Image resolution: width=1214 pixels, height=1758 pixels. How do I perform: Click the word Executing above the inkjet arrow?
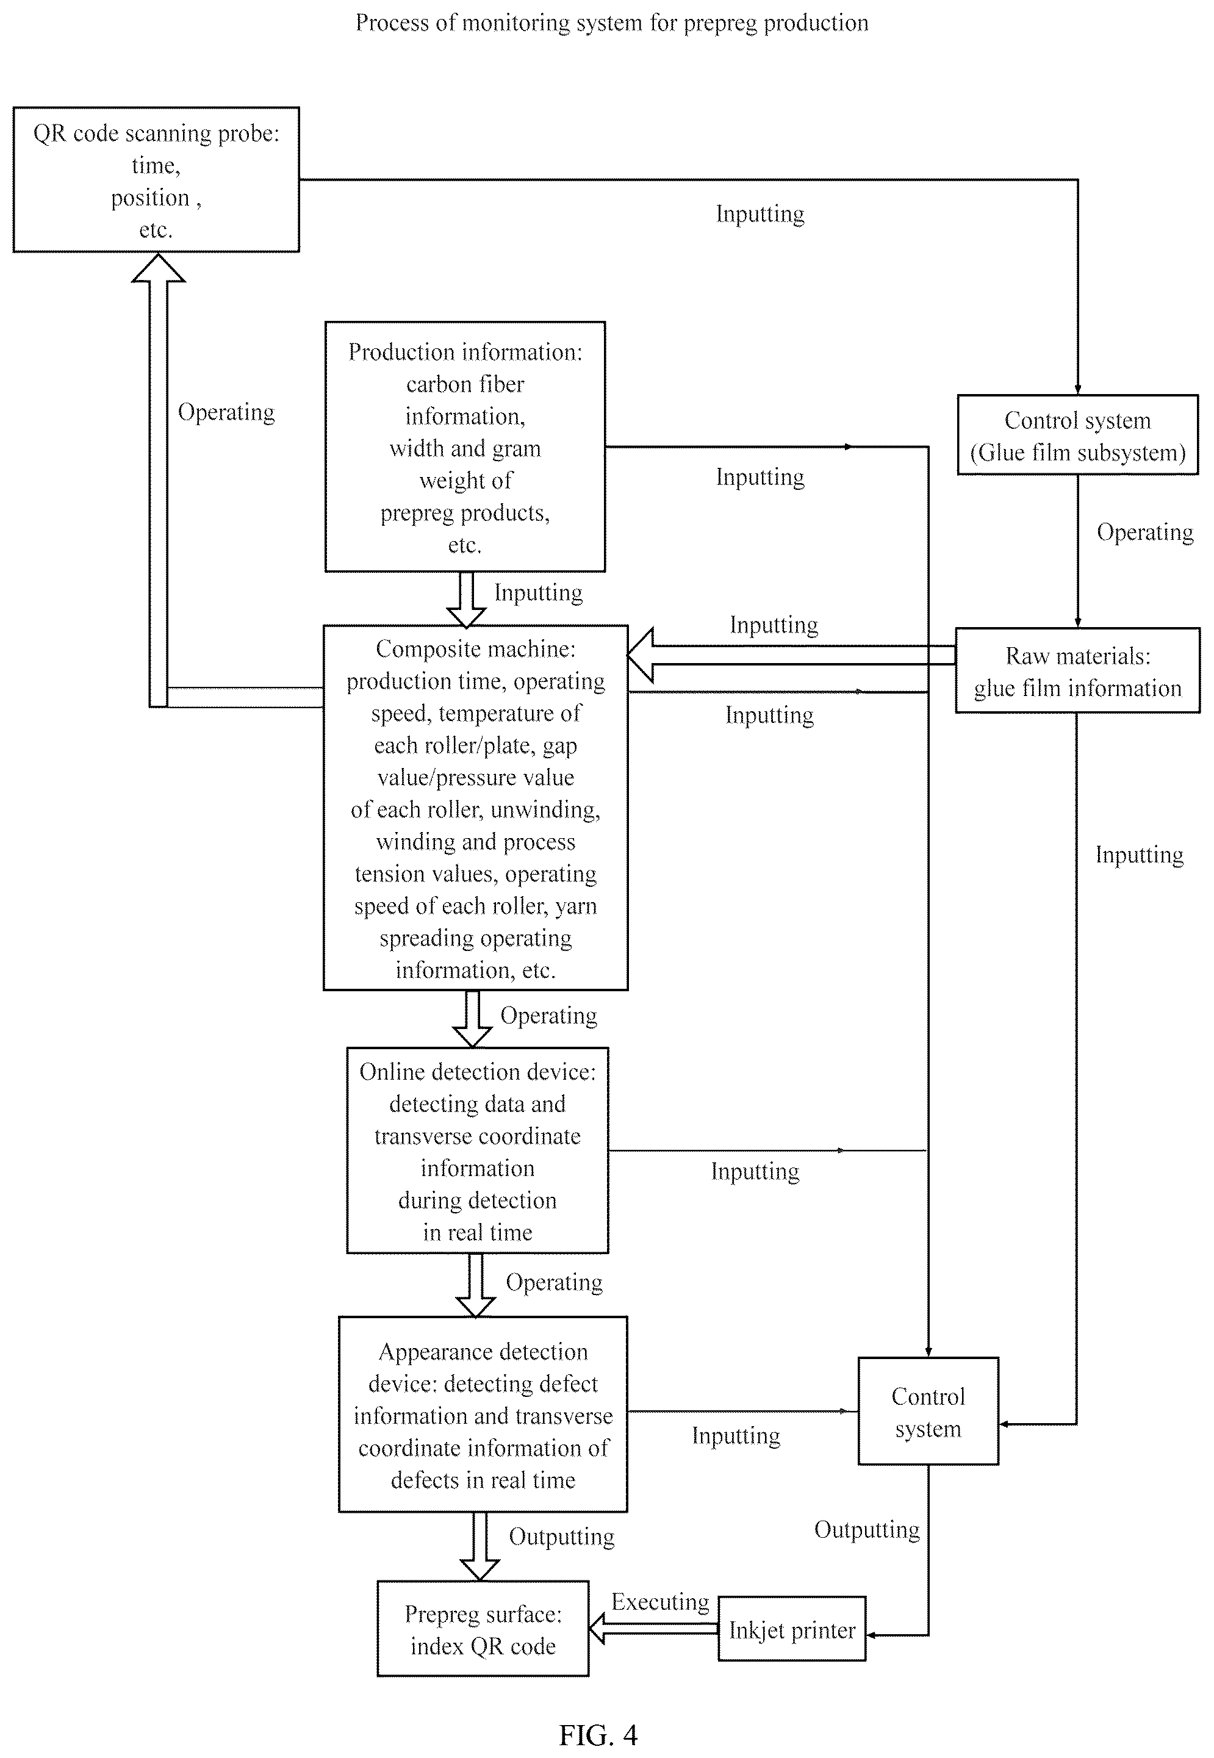[660, 1601]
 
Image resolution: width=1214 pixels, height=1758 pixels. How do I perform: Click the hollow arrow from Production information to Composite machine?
[466, 599]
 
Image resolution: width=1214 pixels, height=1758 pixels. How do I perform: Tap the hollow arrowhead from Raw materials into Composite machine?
[641, 655]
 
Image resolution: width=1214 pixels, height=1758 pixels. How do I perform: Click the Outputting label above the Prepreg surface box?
[561, 1537]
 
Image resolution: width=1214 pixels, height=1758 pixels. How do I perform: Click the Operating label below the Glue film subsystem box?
[1145, 533]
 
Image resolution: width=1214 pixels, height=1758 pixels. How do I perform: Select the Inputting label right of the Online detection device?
[755, 1172]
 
